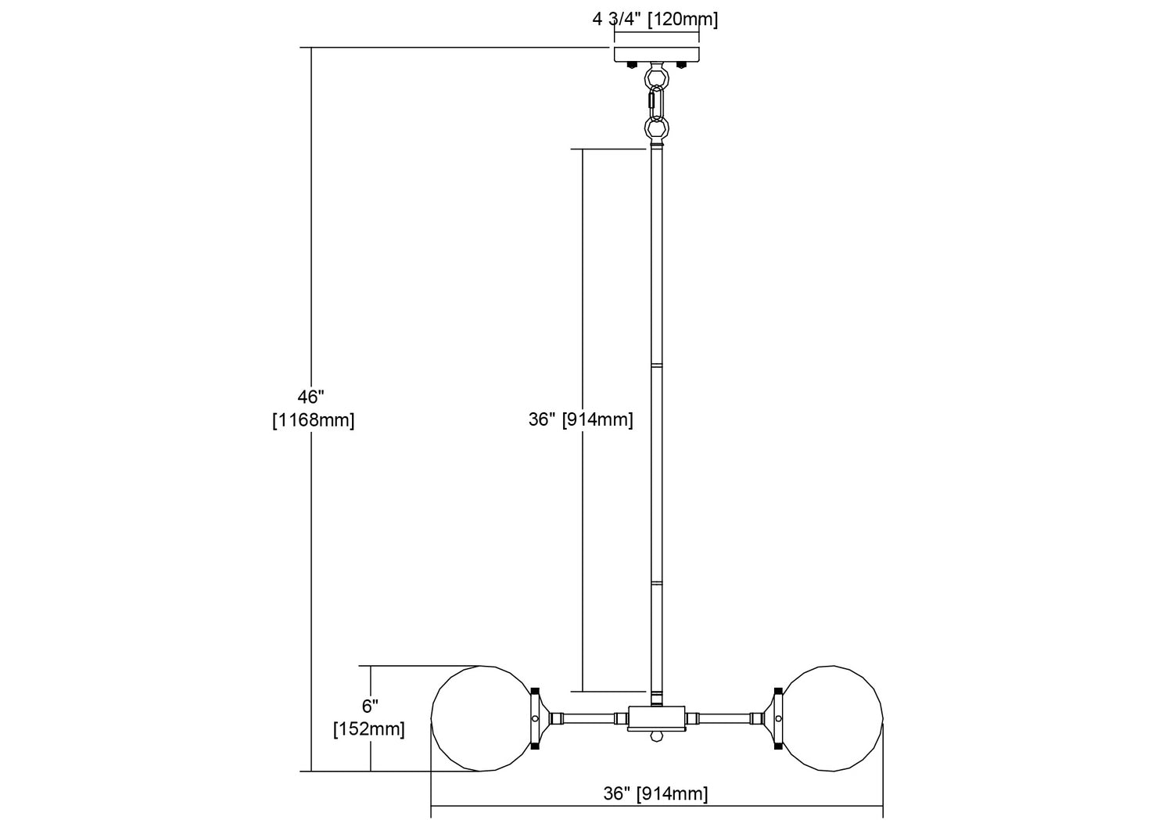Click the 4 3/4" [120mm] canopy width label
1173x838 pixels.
tap(655, 20)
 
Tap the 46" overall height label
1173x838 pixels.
tap(311, 397)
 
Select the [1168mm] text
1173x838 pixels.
tap(313, 420)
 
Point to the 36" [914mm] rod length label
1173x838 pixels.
tap(581, 419)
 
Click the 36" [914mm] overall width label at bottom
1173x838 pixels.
tap(655, 793)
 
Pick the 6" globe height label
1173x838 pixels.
tap(370, 706)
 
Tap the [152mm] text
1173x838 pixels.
tap(369, 729)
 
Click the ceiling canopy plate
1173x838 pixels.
tap(657, 55)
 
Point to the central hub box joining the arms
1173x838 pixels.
tap(656, 718)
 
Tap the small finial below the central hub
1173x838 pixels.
tap(656, 735)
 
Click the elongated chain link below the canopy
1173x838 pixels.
tap(657, 104)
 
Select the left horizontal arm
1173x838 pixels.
tap(583, 718)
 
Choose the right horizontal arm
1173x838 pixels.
tap(730, 718)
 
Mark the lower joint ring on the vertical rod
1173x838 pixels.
tap(656, 583)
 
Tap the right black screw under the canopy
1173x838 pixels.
tap(681, 65)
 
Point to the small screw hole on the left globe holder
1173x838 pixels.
tap(535, 718)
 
